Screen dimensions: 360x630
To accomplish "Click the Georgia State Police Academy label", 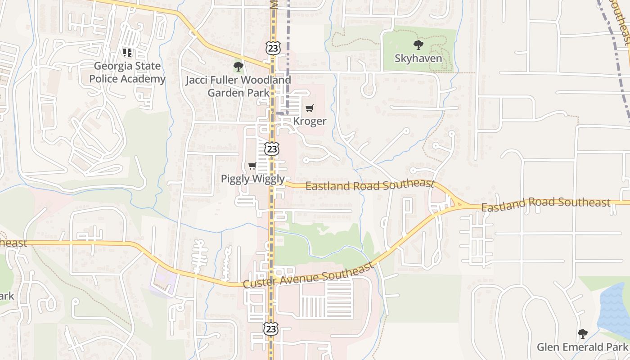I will pyautogui.click(x=127, y=72).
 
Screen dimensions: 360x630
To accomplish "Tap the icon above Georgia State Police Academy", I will pyautogui.click(x=127, y=53).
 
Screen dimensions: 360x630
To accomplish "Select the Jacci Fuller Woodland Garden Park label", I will pyautogui.click(x=238, y=86).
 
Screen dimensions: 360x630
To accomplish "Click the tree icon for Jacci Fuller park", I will pyautogui.click(x=238, y=67).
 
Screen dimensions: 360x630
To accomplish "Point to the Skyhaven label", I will pyautogui.click(x=418, y=58).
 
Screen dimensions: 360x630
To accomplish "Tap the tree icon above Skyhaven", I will pyautogui.click(x=418, y=45).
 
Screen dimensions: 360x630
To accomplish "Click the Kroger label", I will pyautogui.click(x=310, y=121).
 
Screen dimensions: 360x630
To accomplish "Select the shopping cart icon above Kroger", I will pyautogui.click(x=309, y=108).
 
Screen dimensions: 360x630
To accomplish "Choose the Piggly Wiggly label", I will pyautogui.click(x=253, y=179).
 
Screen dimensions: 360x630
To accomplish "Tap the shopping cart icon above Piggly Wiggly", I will pyautogui.click(x=252, y=166).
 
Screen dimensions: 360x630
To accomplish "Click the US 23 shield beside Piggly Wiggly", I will pyautogui.click(x=272, y=149).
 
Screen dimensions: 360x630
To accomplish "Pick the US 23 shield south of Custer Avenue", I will pyautogui.click(x=271, y=328).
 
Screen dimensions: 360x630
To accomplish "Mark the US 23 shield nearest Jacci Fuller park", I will pyautogui.click(x=272, y=48).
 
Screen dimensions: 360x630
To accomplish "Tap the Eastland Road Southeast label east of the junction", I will pyautogui.click(x=545, y=204).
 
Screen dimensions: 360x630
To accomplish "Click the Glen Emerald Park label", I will pyautogui.click(x=582, y=347).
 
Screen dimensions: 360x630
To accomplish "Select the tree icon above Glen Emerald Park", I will pyautogui.click(x=582, y=333).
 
